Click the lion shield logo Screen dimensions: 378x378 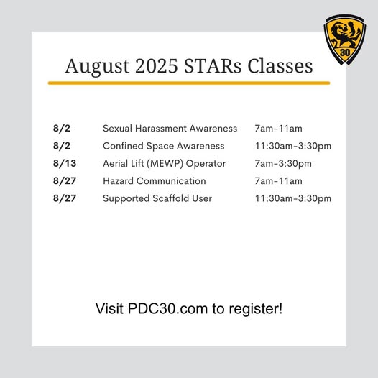345,40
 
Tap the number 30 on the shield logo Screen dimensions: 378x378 345,52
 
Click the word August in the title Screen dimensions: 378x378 97,67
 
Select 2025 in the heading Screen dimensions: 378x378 157,66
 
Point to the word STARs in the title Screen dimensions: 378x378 213,66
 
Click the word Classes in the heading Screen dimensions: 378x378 280,66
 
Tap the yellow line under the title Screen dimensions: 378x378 189,83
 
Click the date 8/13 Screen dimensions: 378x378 65,163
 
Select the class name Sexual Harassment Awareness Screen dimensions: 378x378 170,129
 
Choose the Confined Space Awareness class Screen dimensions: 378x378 164,146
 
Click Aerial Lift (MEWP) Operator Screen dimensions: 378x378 164,164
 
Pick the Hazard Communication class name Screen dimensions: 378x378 155,181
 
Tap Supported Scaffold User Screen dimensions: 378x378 157,198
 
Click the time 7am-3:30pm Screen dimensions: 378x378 283,164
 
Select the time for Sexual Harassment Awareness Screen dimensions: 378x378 278,129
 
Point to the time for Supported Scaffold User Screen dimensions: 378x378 293,198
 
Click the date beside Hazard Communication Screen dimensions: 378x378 65,181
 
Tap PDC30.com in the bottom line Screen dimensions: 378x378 167,308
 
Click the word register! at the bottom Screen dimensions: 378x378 255,309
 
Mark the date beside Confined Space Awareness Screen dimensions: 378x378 62,146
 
